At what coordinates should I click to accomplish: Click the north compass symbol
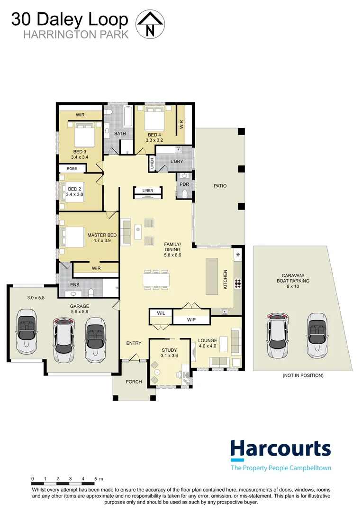150,25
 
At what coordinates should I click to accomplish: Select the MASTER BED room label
102,235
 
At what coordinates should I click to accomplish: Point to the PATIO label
219,186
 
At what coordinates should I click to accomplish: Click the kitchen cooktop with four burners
238,283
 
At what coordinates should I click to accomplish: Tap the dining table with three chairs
156,280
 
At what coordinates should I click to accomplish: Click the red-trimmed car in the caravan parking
279,336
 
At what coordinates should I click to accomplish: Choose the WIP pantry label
191,320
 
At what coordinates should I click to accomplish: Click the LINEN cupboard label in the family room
148,191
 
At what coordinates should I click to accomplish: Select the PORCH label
133,382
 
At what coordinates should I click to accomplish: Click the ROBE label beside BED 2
72,168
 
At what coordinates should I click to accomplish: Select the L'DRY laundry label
176,161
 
